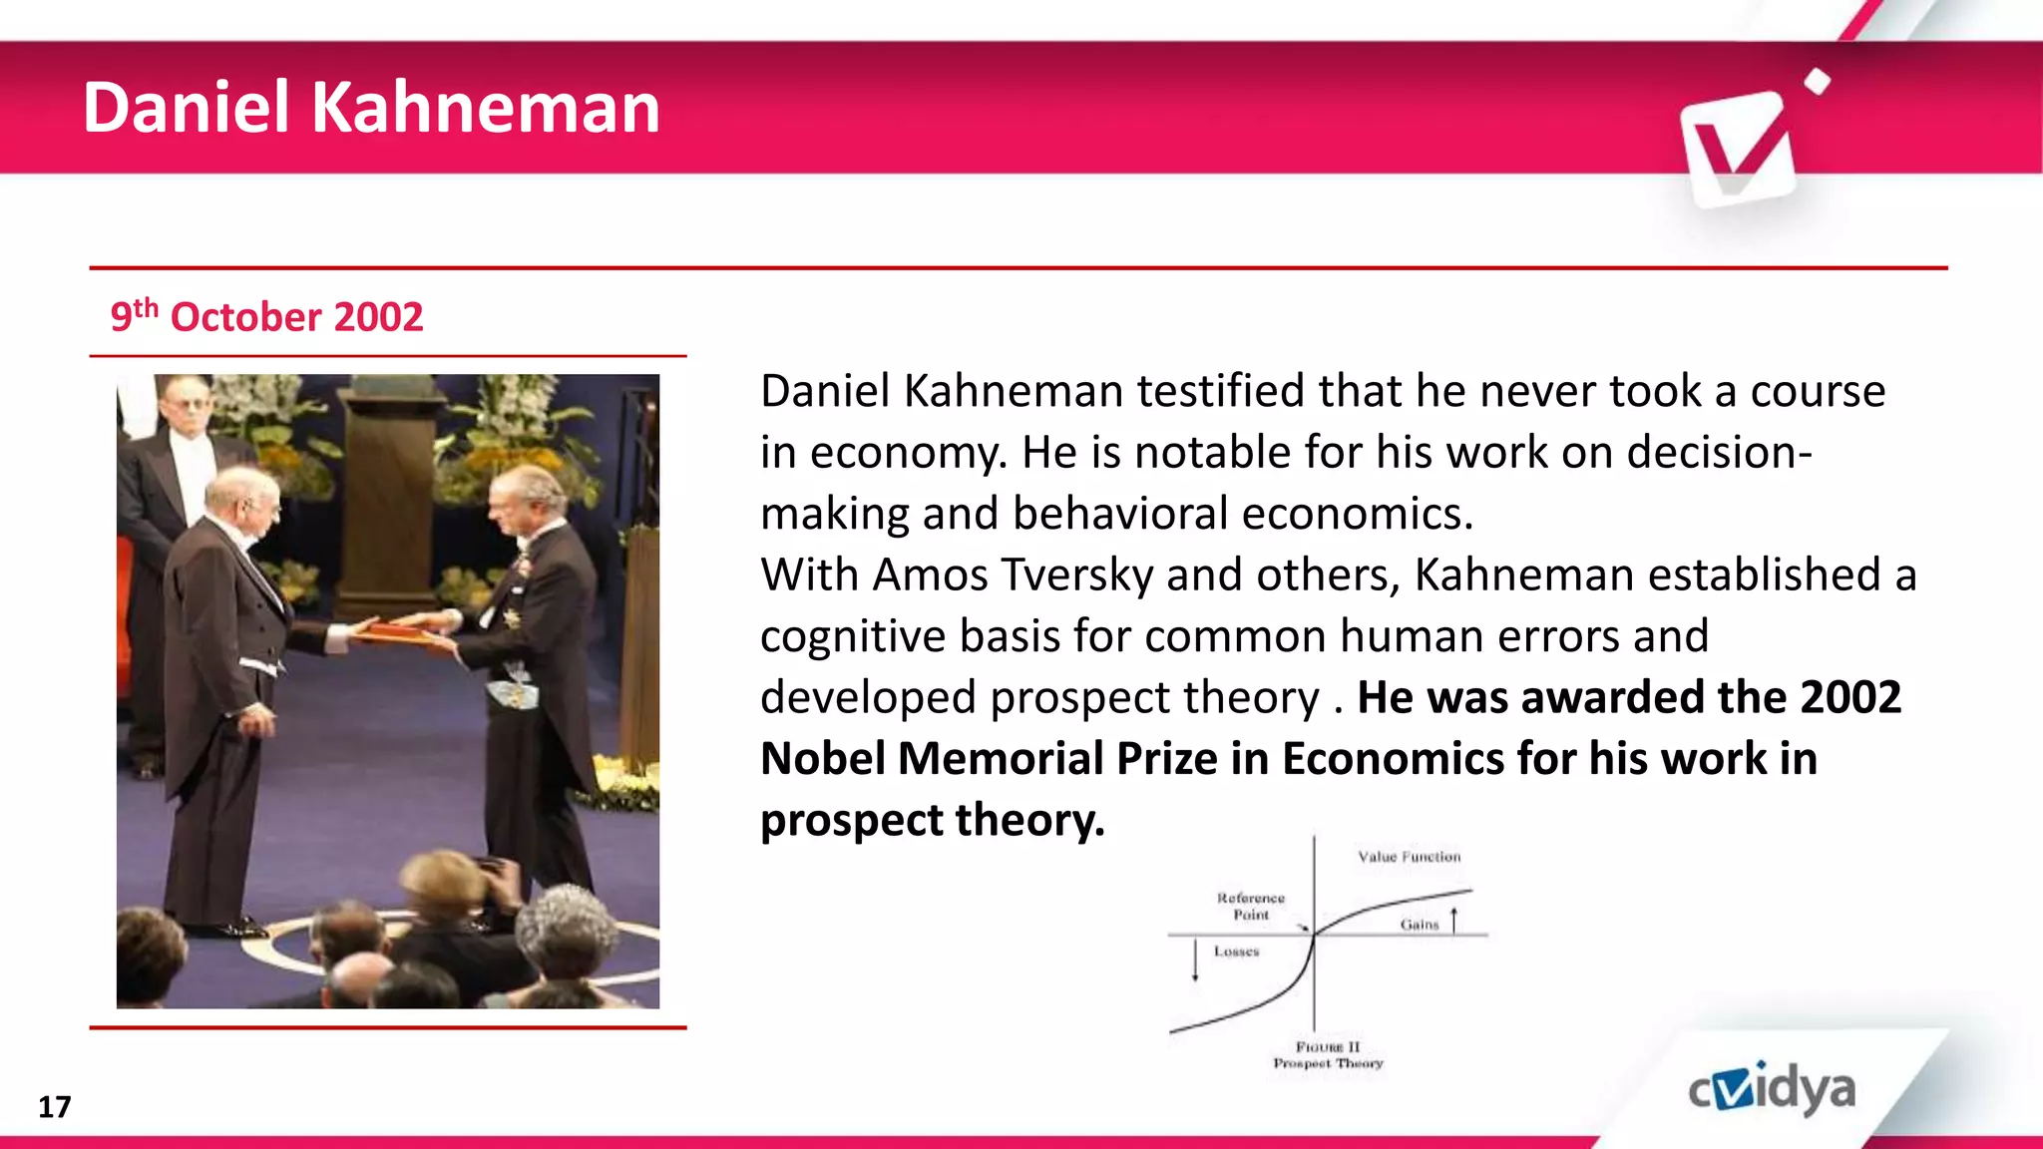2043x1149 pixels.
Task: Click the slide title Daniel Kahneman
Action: [371, 108]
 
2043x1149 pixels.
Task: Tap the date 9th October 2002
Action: [266, 316]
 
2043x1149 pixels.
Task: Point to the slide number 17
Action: [54, 1106]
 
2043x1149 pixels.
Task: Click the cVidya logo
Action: [1772, 1089]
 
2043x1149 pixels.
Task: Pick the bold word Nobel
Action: [822, 758]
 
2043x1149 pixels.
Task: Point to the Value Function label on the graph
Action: [1409, 857]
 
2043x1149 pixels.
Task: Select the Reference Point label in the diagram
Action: [1251, 906]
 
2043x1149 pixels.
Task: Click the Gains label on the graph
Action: [1419, 925]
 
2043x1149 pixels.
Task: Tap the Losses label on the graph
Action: [1236, 952]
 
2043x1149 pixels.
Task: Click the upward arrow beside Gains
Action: [1454, 919]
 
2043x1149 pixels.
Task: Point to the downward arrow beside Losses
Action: [1195, 960]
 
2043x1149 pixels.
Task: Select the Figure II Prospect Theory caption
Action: [1328, 1055]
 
